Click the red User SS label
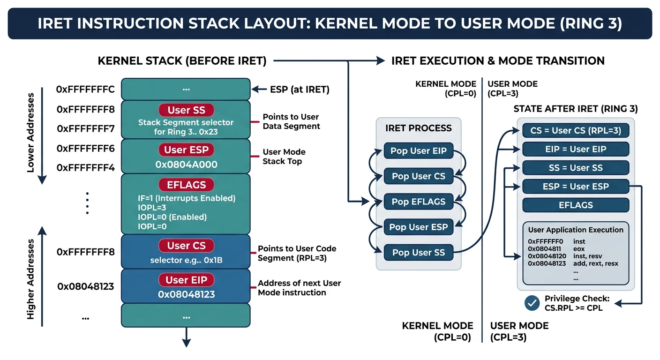pos(186,111)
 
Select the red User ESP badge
pos(186,150)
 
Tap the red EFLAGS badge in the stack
pos(186,185)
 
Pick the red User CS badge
pos(186,246)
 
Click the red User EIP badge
pos(186,280)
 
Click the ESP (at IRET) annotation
pos(299,90)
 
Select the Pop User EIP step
pos(419,151)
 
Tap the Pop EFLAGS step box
pos(419,202)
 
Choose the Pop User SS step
pos(419,253)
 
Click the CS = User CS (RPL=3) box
pos(576,130)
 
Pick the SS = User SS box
pos(576,168)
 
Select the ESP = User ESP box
pos(576,187)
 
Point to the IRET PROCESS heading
pos(419,128)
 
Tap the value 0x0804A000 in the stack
pos(186,165)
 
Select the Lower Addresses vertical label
pos(31,133)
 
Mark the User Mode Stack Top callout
pos(284,157)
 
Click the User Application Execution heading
pos(576,230)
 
